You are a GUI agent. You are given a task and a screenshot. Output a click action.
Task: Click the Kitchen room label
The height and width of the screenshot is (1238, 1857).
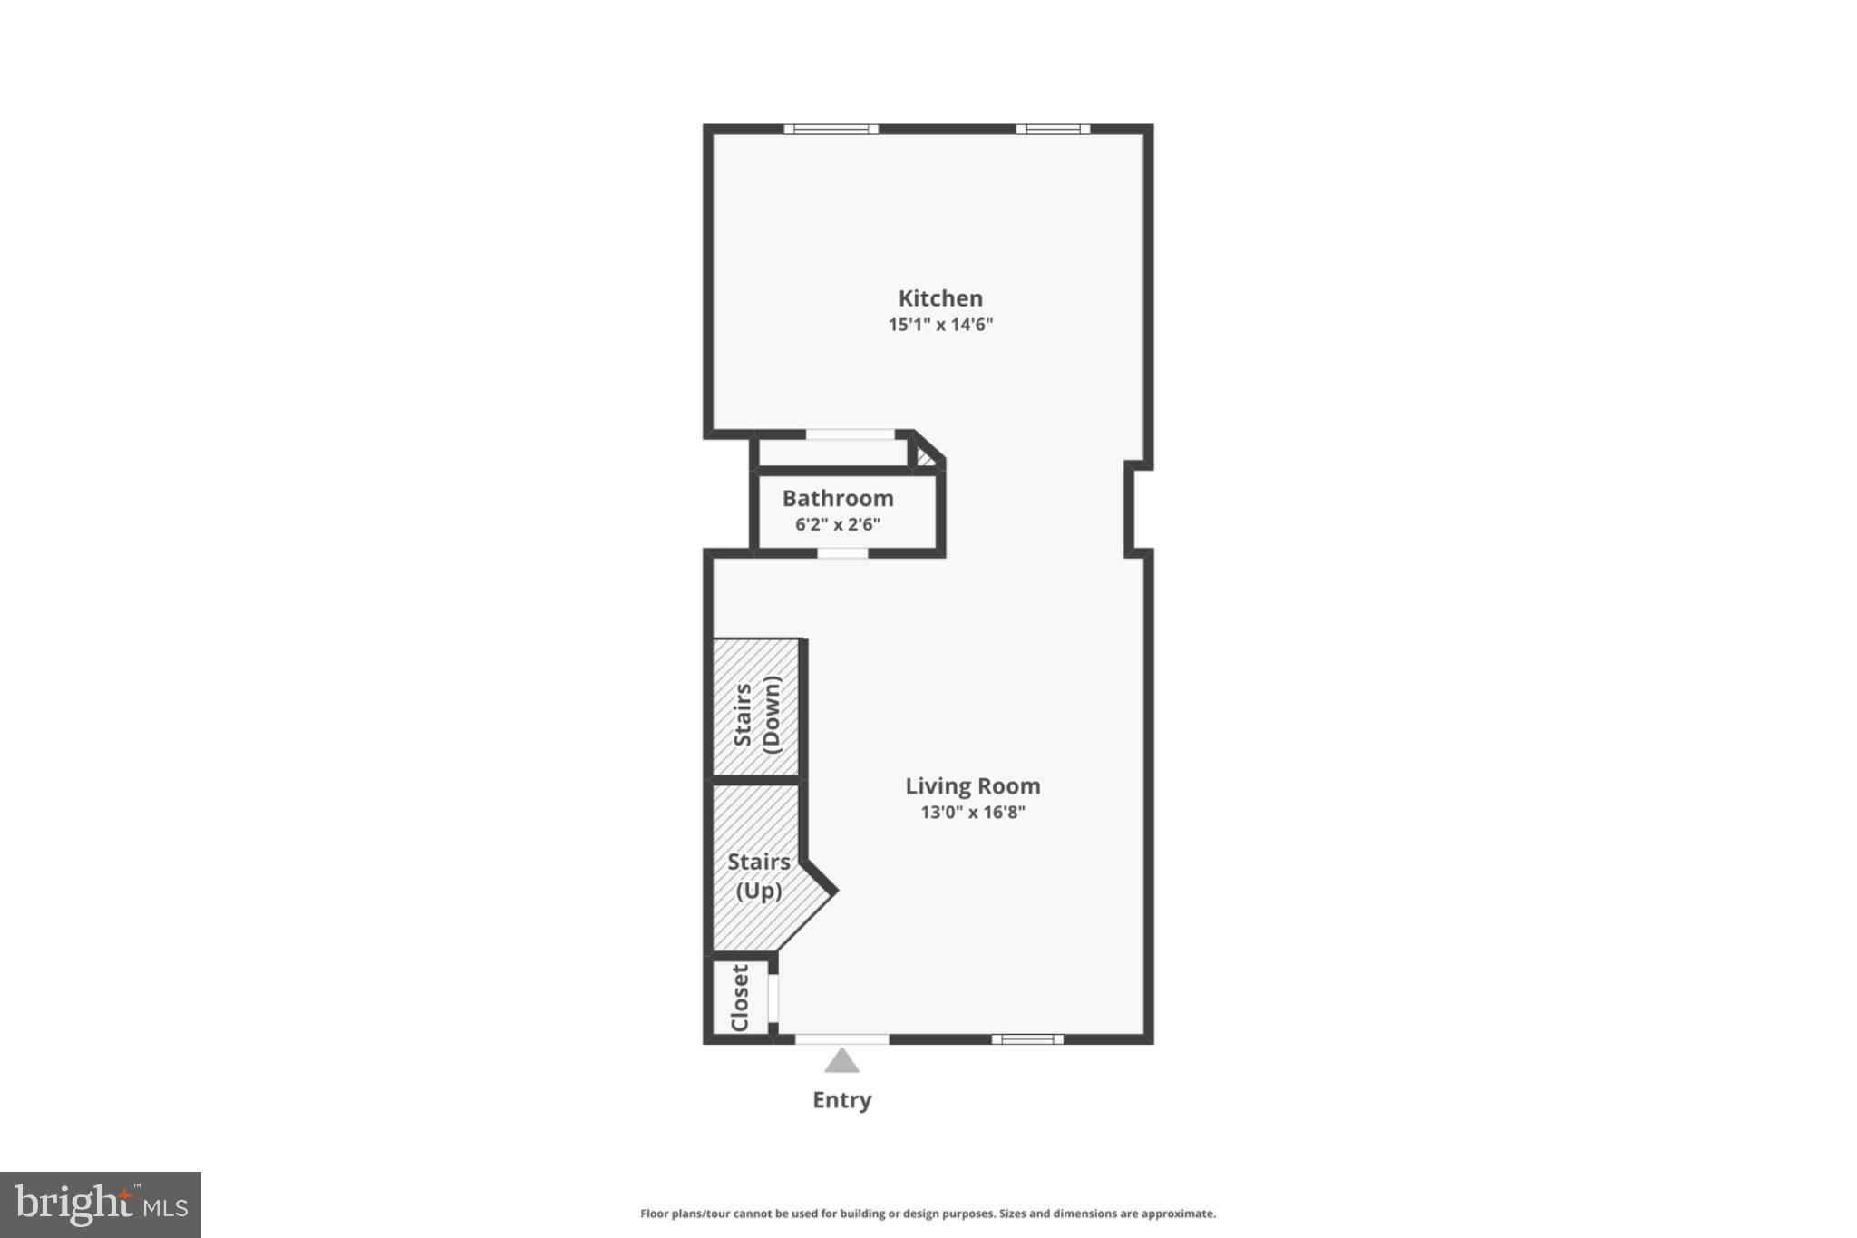[x=940, y=298]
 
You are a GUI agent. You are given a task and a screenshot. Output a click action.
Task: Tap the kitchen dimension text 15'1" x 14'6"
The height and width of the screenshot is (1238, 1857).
[x=940, y=325]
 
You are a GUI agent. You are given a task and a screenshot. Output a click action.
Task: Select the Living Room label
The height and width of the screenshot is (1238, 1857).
[x=972, y=786]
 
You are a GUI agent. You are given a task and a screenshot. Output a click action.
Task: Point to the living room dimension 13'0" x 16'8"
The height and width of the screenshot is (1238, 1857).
[x=972, y=812]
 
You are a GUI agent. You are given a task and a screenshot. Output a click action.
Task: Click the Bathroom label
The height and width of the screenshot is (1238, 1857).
[x=838, y=499]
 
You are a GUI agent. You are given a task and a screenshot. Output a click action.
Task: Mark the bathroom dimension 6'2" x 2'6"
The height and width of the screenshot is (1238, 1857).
[x=838, y=524]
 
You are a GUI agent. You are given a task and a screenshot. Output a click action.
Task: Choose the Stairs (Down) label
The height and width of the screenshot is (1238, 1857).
[x=756, y=714]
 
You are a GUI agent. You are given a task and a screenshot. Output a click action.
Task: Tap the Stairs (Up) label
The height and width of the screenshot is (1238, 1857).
[x=758, y=876]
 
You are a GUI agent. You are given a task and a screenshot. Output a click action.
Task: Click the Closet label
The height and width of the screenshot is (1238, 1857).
[x=740, y=998]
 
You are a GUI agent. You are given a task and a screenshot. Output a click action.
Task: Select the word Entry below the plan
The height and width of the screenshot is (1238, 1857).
[x=841, y=1100]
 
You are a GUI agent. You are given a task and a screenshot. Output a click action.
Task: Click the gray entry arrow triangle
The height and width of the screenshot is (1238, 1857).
[x=841, y=1061]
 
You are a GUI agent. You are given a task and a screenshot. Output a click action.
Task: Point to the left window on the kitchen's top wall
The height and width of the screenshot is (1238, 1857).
[x=831, y=129]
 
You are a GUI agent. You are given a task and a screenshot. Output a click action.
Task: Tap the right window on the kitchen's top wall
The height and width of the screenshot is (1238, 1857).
[x=1053, y=129]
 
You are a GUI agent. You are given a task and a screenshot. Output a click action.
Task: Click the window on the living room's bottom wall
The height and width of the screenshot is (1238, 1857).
[x=1026, y=1039]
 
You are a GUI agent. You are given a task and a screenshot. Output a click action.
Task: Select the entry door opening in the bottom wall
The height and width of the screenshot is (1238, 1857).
[x=841, y=1039]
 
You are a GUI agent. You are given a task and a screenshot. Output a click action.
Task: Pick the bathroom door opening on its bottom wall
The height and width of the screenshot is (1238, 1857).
[x=842, y=553]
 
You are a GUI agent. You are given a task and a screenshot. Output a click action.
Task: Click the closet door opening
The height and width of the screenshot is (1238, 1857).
[x=773, y=998]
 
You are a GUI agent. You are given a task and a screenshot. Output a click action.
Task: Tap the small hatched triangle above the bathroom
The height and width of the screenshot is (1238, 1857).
[x=925, y=456]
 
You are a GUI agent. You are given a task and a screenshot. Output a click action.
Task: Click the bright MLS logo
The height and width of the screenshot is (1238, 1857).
[x=101, y=1204]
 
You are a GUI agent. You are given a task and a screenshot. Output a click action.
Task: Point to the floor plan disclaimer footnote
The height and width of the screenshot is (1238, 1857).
[x=928, y=1214]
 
